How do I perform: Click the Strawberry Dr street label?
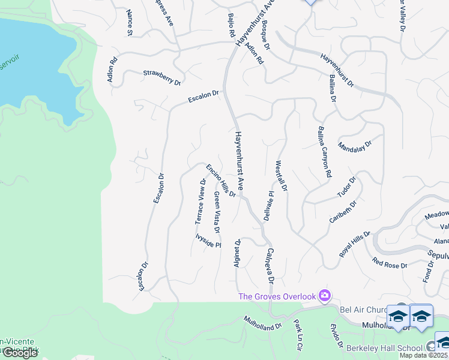coord(161,77)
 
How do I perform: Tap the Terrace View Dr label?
coord(200,202)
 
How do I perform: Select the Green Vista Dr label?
coord(217,212)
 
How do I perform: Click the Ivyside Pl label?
coord(208,241)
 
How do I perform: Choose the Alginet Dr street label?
coord(237,253)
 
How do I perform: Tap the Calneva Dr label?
coord(270,265)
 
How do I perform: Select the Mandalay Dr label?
coord(355,145)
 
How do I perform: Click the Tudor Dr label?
coord(346,187)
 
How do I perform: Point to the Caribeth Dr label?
coord(343,212)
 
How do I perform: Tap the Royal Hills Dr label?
coord(355,244)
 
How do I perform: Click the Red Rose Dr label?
coord(390,263)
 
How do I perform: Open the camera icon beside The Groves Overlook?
coord(325,295)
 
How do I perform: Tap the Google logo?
coord(20,353)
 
